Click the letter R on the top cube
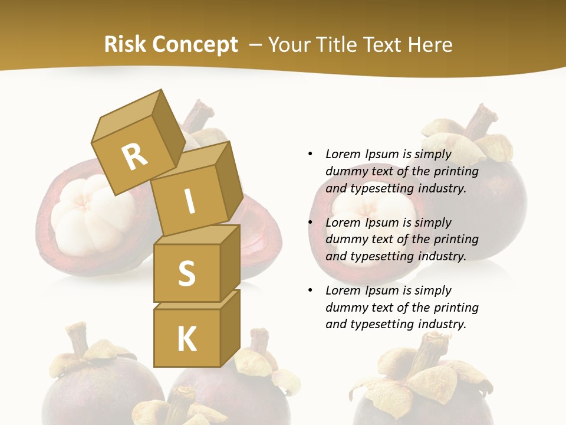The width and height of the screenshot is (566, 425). [x=134, y=157]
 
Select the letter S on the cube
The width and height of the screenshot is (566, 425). [x=186, y=273]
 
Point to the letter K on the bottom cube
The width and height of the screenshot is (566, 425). [x=186, y=339]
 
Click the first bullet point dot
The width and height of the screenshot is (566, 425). [x=310, y=154]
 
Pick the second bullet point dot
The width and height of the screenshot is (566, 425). [x=310, y=223]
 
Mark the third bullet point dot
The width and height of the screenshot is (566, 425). [x=310, y=290]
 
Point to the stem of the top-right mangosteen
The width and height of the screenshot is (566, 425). [x=478, y=121]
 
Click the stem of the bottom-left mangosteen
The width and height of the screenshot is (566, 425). [x=77, y=339]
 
